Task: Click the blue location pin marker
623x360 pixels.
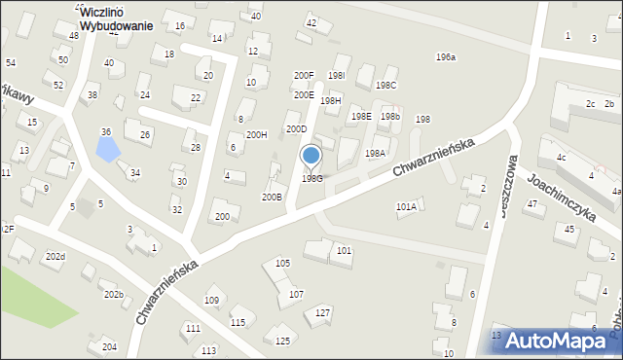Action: click(x=311, y=156)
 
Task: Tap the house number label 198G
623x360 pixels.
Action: click(x=311, y=178)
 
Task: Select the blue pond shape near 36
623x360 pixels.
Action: click(x=108, y=149)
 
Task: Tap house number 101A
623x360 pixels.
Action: click(x=406, y=206)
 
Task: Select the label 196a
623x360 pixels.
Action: click(x=445, y=57)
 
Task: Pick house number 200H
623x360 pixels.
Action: click(x=256, y=134)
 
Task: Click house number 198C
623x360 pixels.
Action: click(x=385, y=85)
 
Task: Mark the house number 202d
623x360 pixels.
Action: click(x=55, y=256)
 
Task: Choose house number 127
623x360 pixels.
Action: click(x=323, y=312)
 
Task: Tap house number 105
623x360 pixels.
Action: click(x=282, y=263)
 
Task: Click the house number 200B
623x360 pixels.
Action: click(x=272, y=197)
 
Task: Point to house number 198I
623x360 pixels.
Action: click(x=337, y=74)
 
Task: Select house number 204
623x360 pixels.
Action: click(x=109, y=346)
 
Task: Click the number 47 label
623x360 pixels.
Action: click(x=531, y=203)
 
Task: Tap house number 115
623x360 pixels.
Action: click(x=238, y=322)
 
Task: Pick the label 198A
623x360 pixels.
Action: click(x=375, y=153)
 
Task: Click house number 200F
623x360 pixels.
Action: click(x=304, y=75)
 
